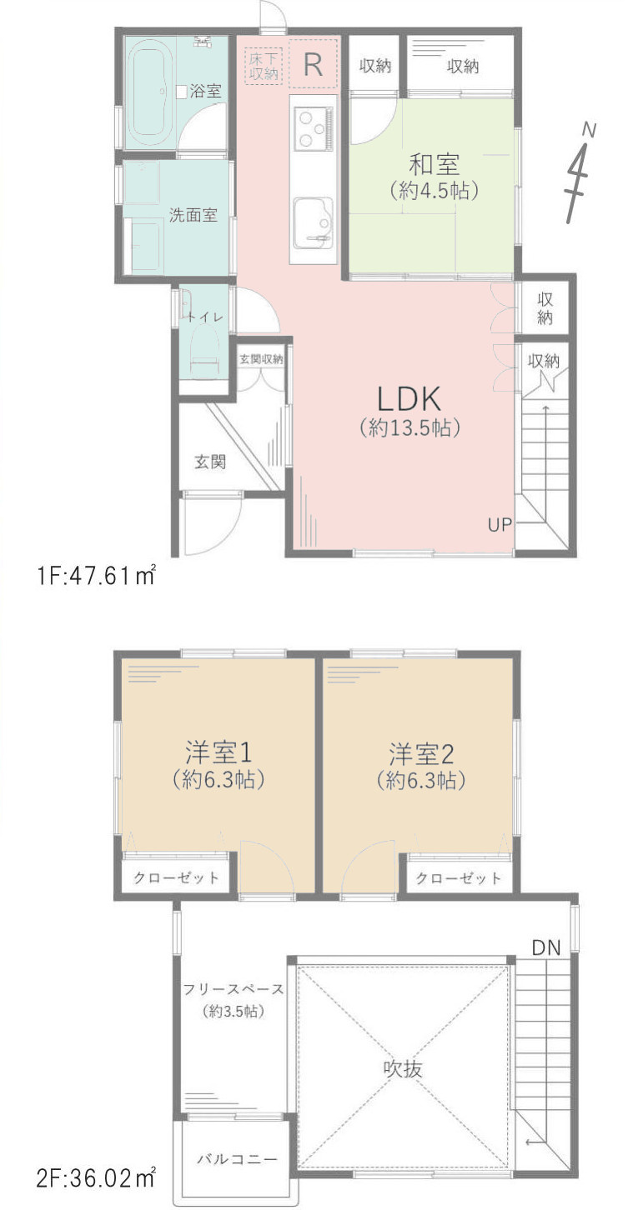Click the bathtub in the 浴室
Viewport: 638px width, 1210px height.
[150, 92]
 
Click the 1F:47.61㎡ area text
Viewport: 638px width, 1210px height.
[95, 577]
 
